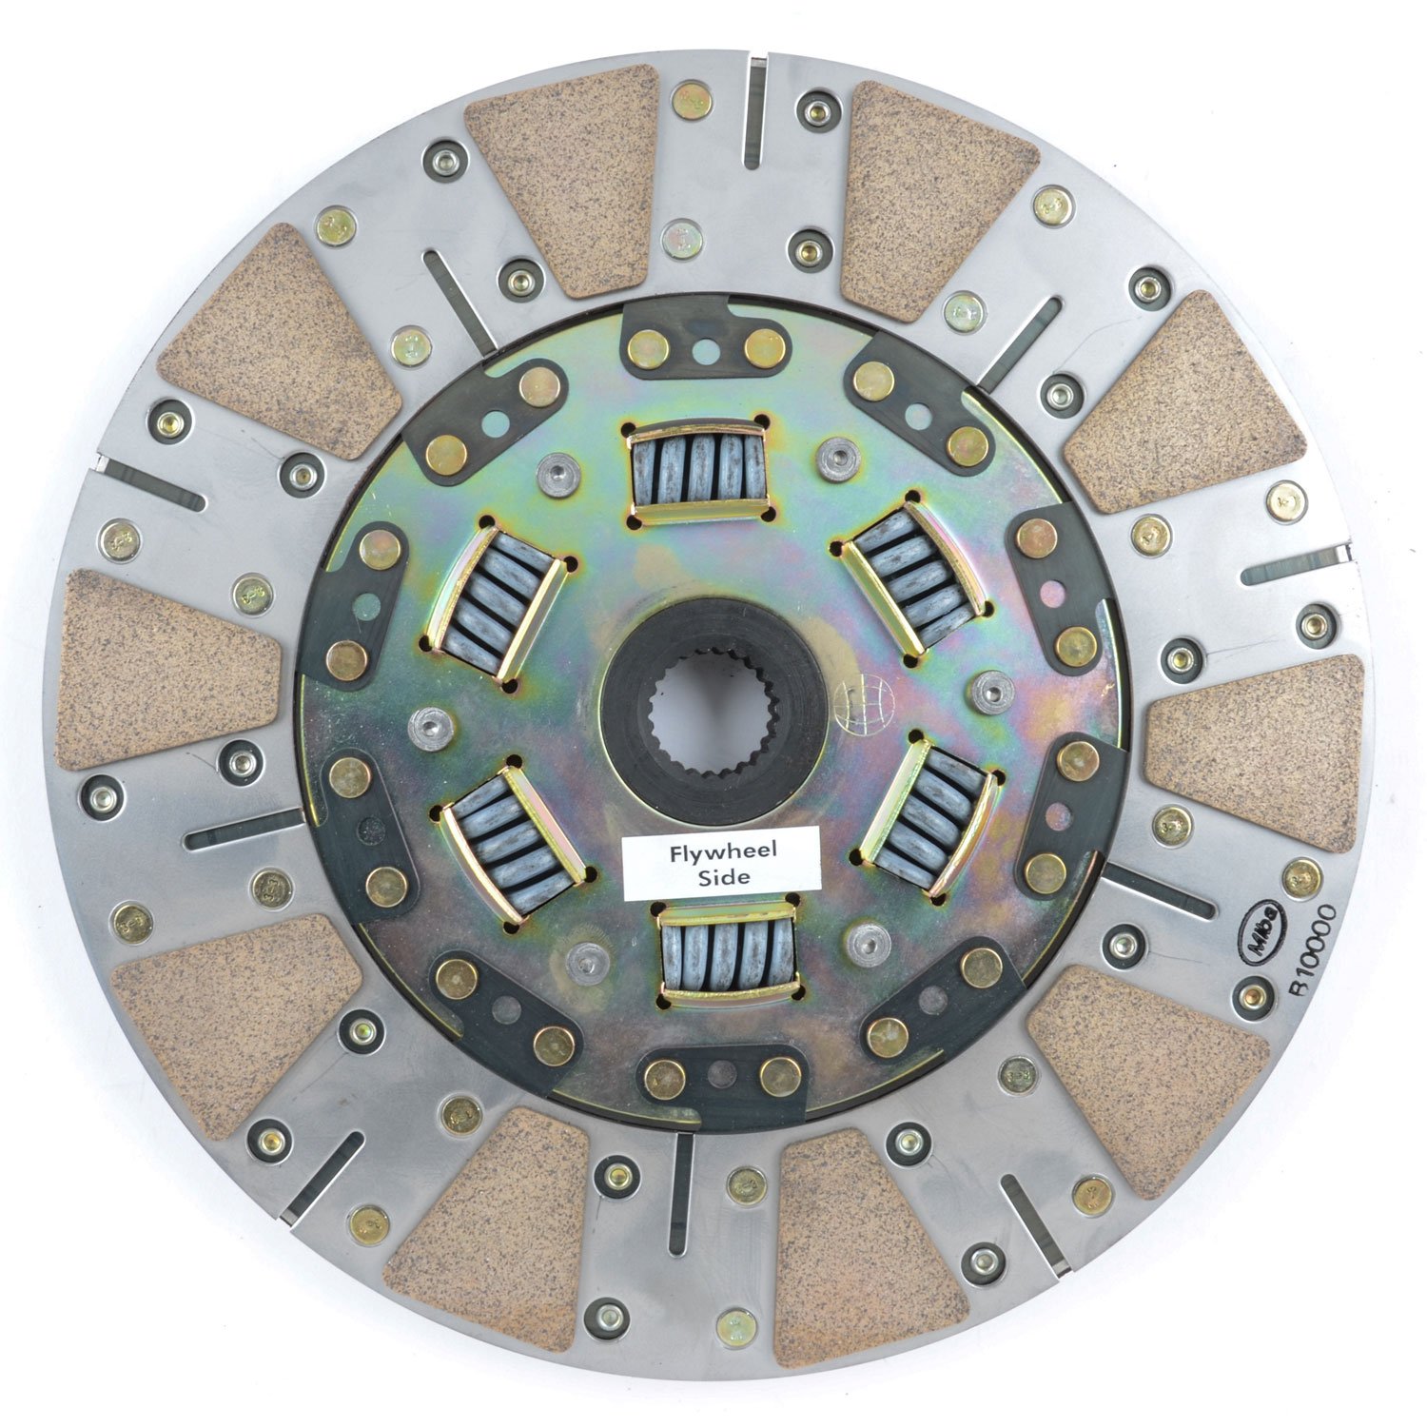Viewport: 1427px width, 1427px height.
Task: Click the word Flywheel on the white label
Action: [720, 851]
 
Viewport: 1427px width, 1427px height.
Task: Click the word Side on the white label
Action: [720, 877]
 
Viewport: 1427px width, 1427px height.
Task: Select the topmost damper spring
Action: [699, 469]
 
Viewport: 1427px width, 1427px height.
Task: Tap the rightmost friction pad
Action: [1256, 752]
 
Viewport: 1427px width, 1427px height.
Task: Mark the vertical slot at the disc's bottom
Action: [680, 1194]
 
